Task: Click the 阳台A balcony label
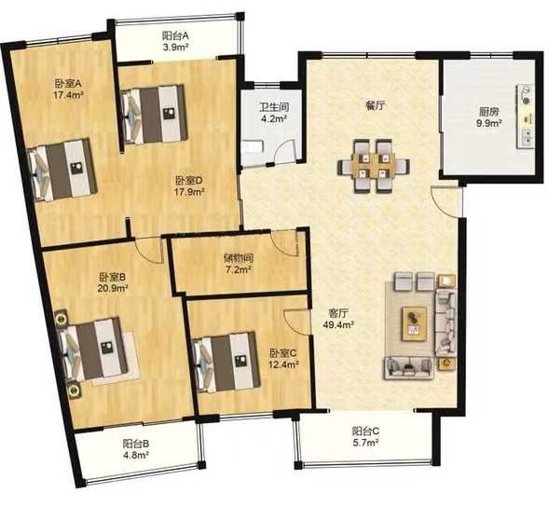point(175,35)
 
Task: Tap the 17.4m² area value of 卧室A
point(68,95)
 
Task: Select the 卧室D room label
point(189,181)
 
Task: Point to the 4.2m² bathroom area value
point(274,118)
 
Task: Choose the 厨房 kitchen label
point(489,112)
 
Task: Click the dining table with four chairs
point(374,166)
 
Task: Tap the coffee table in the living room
point(414,323)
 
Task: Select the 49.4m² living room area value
point(338,325)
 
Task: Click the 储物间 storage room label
point(239,258)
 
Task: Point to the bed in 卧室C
point(226,363)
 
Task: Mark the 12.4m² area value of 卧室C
point(283,364)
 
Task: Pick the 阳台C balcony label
point(366,431)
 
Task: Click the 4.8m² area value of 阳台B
point(136,456)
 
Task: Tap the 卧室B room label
point(112,277)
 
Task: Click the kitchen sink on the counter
point(527,137)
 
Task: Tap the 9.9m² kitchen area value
point(489,123)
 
